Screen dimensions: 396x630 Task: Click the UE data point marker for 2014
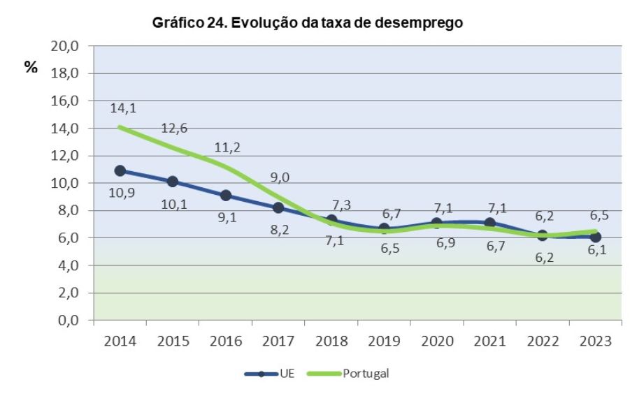point(120,170)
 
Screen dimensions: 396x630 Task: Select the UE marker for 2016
point(225,196)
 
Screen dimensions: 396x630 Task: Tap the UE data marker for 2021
point(489,223)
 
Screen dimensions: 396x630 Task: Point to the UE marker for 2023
point(595,237)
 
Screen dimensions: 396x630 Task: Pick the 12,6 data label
point(173,128)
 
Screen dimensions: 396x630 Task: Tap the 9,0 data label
point(280,177)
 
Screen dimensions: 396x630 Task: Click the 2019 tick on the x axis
point(384,342)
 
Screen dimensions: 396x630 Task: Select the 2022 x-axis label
point(543,342)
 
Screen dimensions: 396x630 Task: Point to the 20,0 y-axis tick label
point(64,46)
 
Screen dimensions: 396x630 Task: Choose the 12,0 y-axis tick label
point(64,156)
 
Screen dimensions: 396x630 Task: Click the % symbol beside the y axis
point(31,68)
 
